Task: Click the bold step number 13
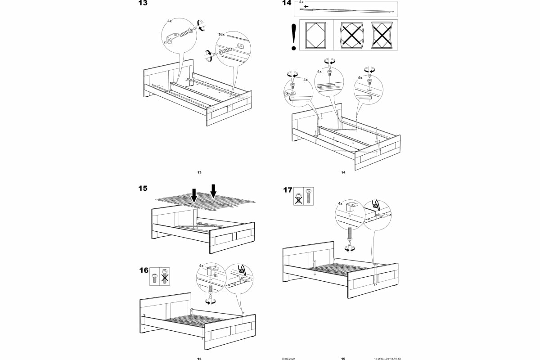pyautogui.click(x=142, y=3)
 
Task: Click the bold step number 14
pyautogui.click(x=286, y=3)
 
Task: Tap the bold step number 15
pyautogui.click(x=143, y=189)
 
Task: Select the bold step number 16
pyautogui.click(x=144, y=270)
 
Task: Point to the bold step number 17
pyautogui.click(x=288, y=190)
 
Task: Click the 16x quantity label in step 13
pyautogui.click(x=221, y=34)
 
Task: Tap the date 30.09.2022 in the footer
pyautogui.click(x=288, y=359)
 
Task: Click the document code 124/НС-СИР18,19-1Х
pyautogui.click(x=387, y=359)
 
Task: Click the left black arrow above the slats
pyautogui.click(x=193, y=195)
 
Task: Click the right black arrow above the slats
pyautogui.click(x=214, y=190)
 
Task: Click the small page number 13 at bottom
pyautogui.click(x=199, y=172)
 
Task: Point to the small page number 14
pyautogui.click(x=343, y=172)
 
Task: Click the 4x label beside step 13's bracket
pyautogui.click(x=169, y=21)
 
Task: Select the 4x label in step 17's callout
pyautogui.click(x=341, y=204)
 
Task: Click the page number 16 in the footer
pyautogui.click(x=343, y=359)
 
